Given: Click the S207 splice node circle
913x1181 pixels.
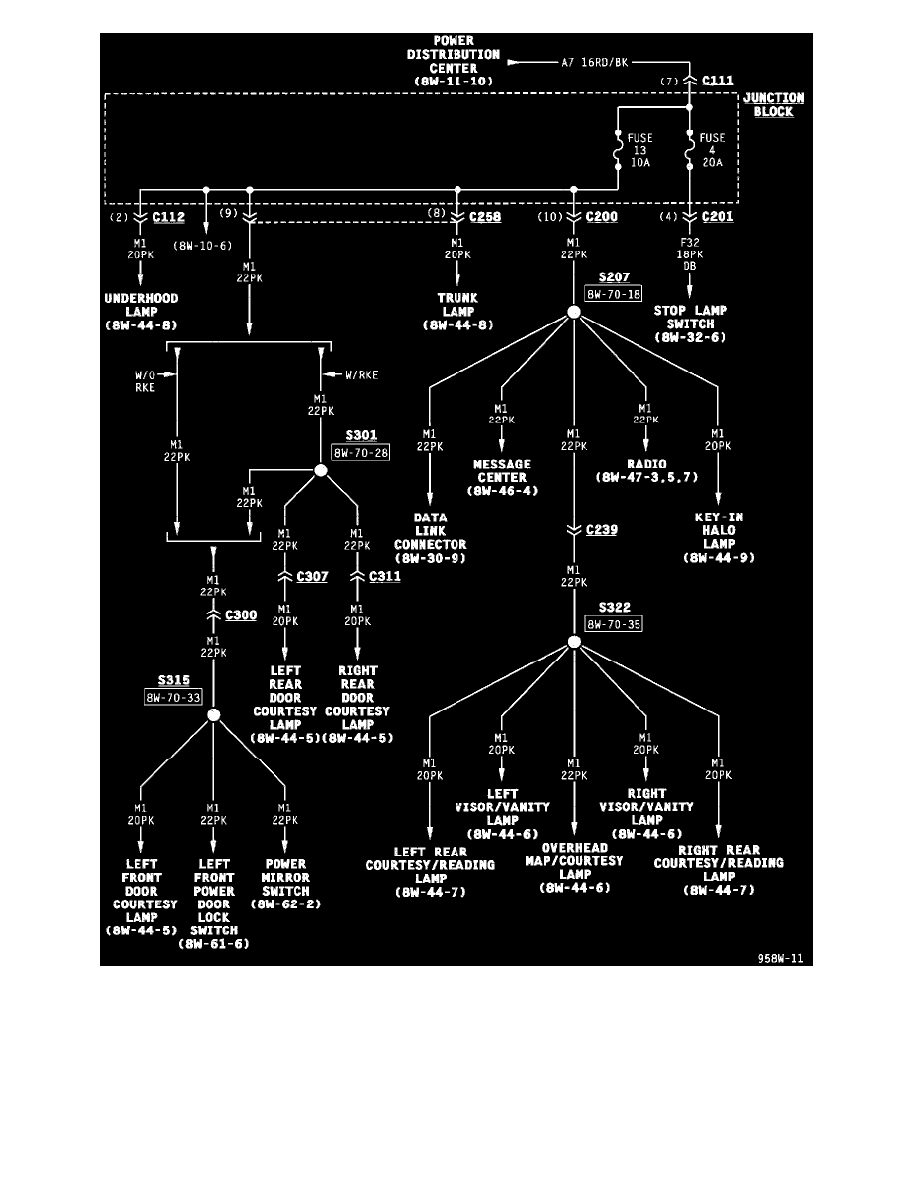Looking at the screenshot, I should tap(574, 313).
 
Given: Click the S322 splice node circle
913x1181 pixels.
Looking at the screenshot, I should tap(574, 643).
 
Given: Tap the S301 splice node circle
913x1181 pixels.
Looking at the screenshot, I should tap(321, 469).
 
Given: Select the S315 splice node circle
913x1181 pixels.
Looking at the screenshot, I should tap(213, 715).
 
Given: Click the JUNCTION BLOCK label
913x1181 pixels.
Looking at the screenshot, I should tap(773, 105).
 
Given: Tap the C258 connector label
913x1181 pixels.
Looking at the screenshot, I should tap(485, 217).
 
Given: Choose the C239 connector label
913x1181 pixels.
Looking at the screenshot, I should tap(601, 530).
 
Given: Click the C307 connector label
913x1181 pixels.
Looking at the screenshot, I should tap(312, 576).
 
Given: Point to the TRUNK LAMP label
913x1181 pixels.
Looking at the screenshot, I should tap(456, 304).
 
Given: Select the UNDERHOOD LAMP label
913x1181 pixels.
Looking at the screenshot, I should tap(141, 304).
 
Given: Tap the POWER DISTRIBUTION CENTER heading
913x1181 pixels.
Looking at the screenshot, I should tap(454, 60).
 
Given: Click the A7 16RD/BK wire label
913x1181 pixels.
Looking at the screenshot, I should tap(594, 61).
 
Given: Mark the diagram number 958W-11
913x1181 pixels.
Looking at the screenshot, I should tap(780, 959).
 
